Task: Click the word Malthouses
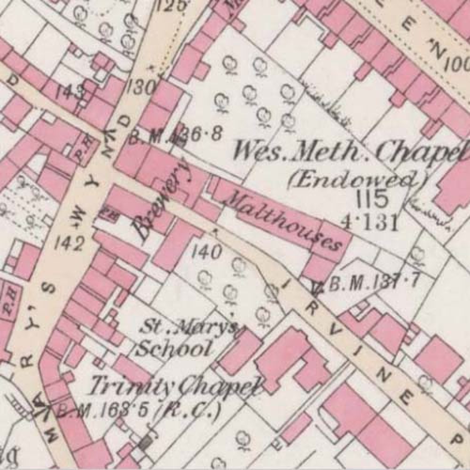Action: [283, 221]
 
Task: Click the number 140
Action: [206, 253]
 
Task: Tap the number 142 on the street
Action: [69, 243]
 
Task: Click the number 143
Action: [70, 93]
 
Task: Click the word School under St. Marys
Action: [172, 349]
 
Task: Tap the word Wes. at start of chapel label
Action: [257, 152]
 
